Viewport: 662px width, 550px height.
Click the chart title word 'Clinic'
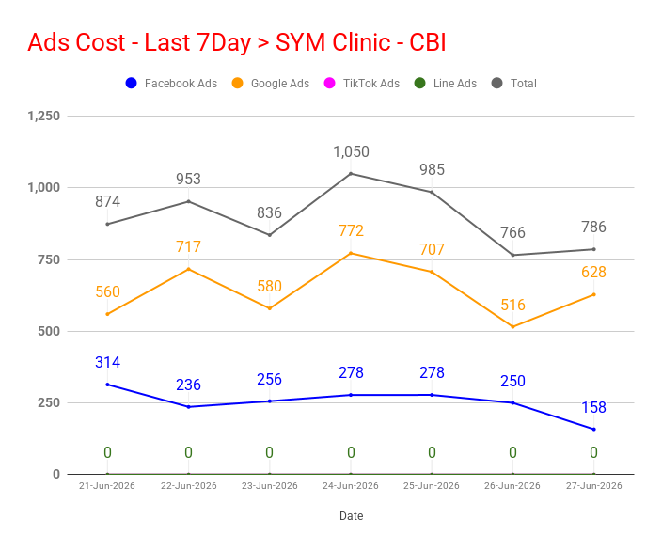pyautogui.click(x=361, y=42)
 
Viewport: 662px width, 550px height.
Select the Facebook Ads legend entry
pyautogui.click(x=171, y=83)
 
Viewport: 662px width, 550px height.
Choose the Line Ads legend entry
pyautogui.click(x=445, y=83)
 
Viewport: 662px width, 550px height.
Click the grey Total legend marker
pyautogui.click(x=496, y=83)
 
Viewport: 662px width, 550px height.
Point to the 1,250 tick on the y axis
pyautogui.click(x=44, y=116)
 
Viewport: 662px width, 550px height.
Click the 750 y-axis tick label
pyautogui.click(x=49, y=259)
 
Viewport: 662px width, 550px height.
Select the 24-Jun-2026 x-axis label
pyautogui.click(x=351, y=486)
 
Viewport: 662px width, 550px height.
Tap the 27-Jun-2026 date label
pyautogui.click(x=594, y=486)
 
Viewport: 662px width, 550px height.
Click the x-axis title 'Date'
pyautogui.click(x=352, y=516)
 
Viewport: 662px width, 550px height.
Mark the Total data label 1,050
pyautogui.click(x=352, y=152)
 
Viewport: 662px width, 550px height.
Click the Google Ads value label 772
pyautogui.click(x=351, y=231)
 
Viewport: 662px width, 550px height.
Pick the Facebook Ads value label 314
pyautogui.click(x=107, y=362)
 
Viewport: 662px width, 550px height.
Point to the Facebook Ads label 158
pyautogui.click(x=593, y=407)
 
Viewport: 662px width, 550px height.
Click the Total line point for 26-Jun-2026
pyautogui.click(x=513, y=255)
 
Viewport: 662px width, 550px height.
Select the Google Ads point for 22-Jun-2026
pyautogui.click(x=189, y=269)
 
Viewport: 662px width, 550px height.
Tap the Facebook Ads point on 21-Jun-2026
pyautogui.click(x=107, y=385)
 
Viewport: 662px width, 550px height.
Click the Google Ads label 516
pyautogui.click(x=513, y=305)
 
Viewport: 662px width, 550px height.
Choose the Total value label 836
pyautogui.click(x=269, y=212)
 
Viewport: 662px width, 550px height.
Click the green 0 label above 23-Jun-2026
pyautogui.click(x=269, y=452)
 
